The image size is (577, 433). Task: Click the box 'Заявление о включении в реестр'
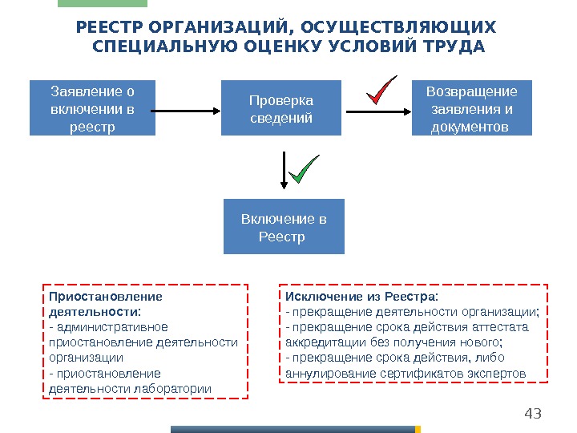click(92, 107)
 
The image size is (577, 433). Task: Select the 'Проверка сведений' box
click(280, 107)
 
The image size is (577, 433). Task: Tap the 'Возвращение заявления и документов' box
click(472, 107)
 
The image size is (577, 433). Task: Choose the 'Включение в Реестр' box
click(283, 227)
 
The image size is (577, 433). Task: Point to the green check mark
click(303, 169)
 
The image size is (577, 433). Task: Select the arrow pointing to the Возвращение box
click(377, 111)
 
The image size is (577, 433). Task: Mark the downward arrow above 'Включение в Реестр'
click(283, 172)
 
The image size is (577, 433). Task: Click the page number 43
click(532, 414)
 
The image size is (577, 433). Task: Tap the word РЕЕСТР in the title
click(104, 28)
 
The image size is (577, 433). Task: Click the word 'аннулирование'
click(324, 373)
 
